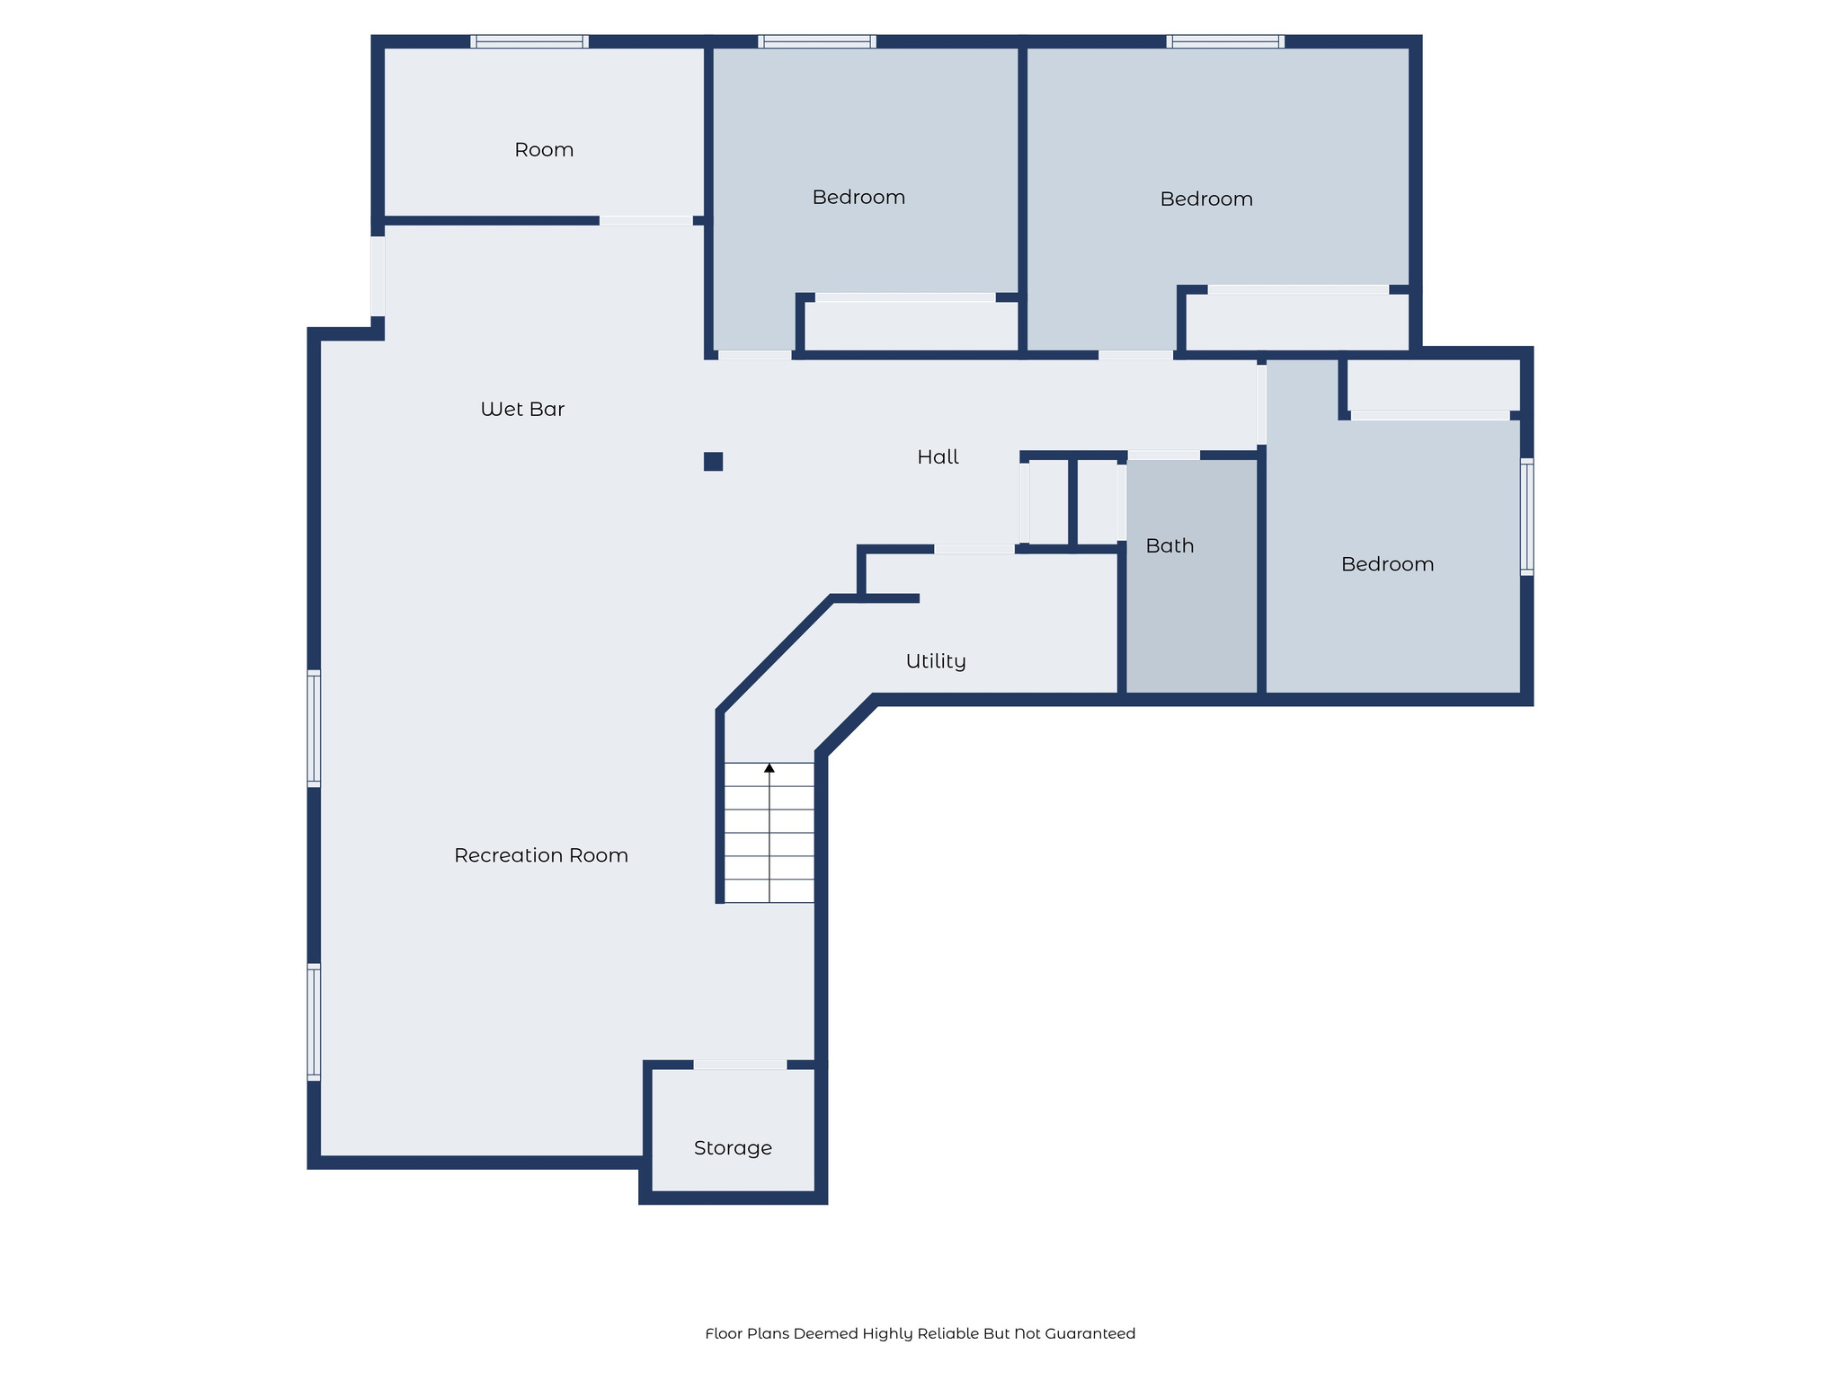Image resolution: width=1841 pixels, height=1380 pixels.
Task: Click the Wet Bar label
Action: coord(522,410)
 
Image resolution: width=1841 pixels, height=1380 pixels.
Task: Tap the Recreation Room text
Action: coord(540,855)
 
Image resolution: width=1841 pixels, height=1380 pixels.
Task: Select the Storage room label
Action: coord(733,1148)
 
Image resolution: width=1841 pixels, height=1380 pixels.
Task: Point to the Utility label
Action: coord(936,661)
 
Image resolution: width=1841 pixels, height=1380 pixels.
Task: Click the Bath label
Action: coord(1170,546)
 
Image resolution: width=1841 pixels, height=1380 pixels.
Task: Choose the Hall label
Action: coord(938,457)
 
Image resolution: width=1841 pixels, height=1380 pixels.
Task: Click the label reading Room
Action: coord(544,150)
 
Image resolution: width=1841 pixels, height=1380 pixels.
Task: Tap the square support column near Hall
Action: coord(713,462)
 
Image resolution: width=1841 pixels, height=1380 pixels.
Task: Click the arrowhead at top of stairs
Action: coord(769,768)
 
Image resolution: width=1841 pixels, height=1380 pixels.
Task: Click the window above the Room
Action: coord(529,41)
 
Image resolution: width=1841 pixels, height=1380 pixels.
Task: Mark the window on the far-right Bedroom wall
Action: coord(1526,517)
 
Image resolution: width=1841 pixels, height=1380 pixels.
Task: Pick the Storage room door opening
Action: coord(740,1065)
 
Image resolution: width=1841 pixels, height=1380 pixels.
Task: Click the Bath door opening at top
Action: coord(1163,456)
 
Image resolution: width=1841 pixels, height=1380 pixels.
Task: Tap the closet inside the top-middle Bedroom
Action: coord(911,325)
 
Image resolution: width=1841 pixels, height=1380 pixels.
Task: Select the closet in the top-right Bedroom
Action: coord(1296,322)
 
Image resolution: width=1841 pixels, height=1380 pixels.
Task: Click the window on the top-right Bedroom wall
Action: coord(1225,41)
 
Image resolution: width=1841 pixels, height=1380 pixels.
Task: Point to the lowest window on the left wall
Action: coord(314,1022)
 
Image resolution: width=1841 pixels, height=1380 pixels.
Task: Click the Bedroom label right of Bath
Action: coord(1387,564)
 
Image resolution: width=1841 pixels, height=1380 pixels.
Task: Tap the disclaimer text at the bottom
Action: coord(920,1333)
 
